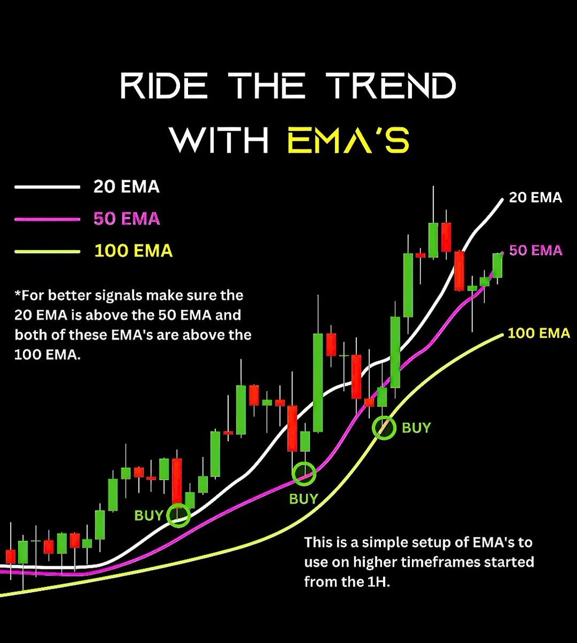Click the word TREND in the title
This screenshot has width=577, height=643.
coord(393,86)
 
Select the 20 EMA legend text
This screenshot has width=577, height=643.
coord(126,186)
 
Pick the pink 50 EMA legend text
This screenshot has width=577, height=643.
coord(126,219)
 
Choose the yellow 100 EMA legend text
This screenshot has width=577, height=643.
coord(133,251)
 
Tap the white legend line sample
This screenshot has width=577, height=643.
coord(47,187)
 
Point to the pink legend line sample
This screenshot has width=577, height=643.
coord(47,219)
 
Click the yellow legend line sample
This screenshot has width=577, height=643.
coord(47,251)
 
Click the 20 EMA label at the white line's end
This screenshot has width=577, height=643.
coord(535,198)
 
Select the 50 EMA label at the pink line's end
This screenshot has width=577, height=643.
coord(536,250)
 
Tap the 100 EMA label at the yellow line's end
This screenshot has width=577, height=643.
coord(538,333)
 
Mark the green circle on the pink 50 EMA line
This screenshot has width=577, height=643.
coord(304,474)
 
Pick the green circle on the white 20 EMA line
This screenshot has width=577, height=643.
coord(178,515)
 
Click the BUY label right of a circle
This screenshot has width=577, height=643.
coord(416,428)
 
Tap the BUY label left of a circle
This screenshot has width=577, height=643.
coord(148,515)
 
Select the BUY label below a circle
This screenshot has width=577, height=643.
coord(304,499)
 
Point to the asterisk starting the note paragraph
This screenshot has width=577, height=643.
coord(18,294)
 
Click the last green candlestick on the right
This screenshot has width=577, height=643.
coord(498,265)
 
